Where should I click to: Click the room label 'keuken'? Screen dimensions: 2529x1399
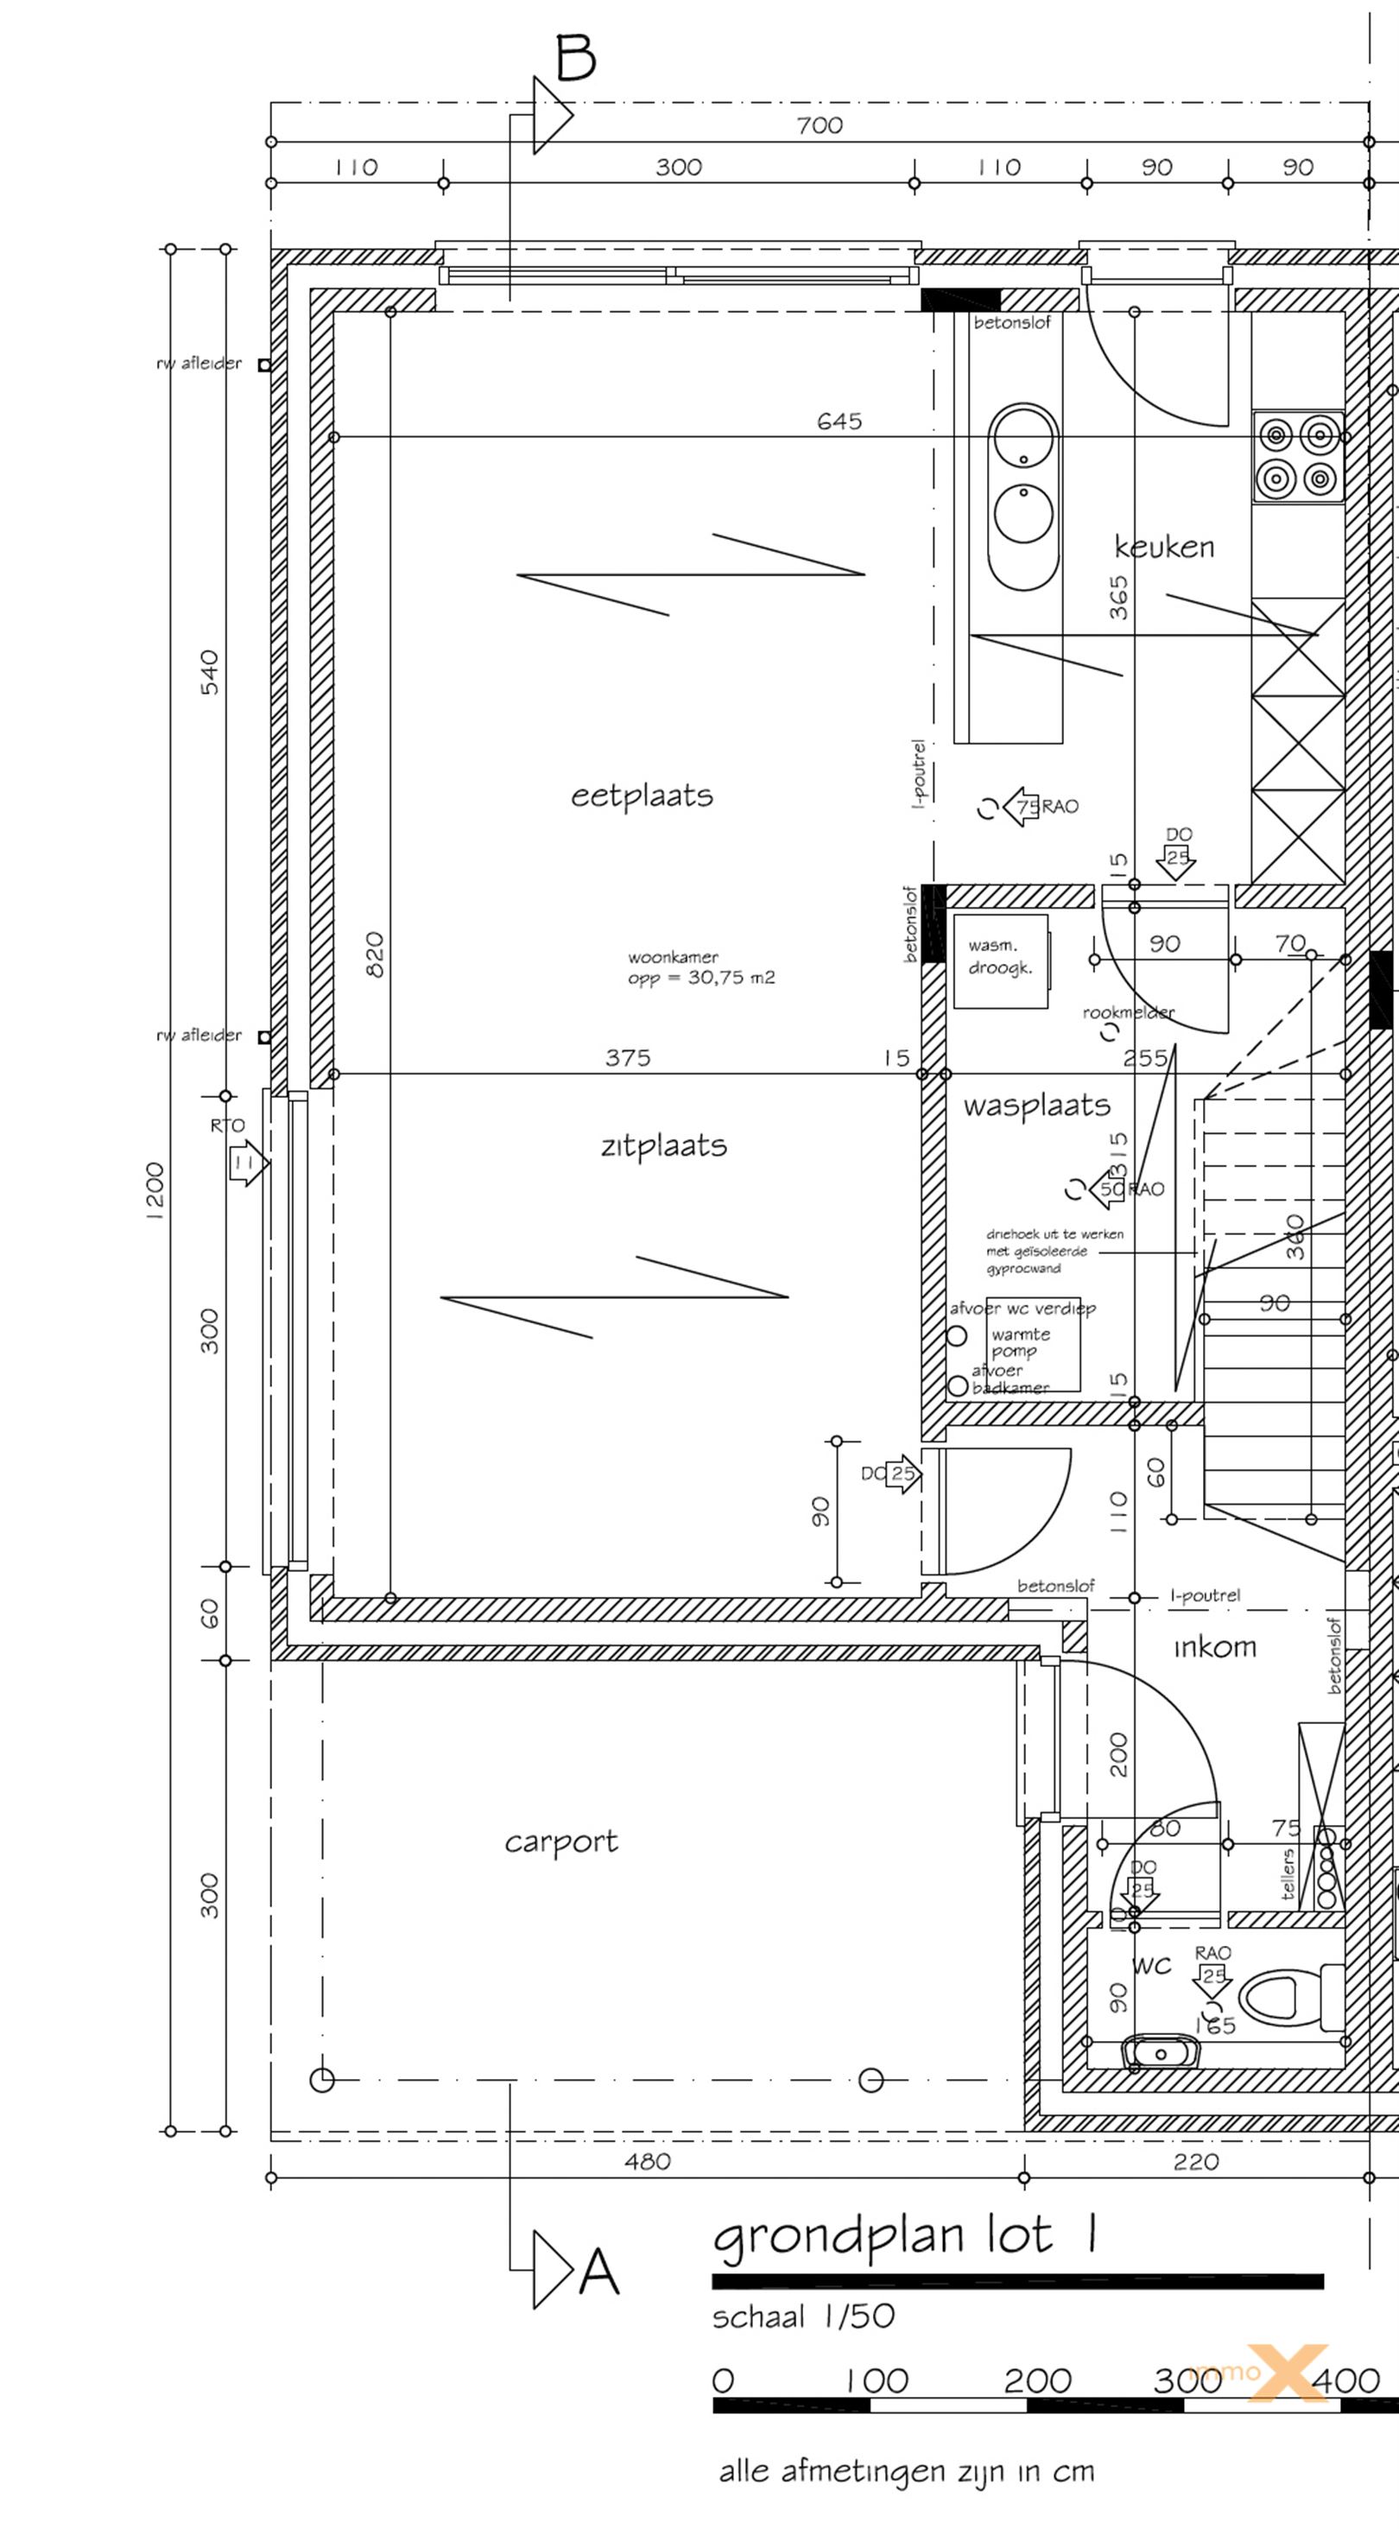point(1163,546)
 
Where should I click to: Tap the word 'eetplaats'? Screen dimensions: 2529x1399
point(642,795)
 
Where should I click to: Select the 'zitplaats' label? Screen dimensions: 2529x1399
point(664,1145)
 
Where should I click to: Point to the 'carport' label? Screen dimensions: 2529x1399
point(560,1841)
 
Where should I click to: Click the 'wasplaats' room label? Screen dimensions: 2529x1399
point(1037,1106)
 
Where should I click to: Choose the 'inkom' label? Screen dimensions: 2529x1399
point(1214,1647)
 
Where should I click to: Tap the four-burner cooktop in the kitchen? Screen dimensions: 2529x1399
point(1297,457)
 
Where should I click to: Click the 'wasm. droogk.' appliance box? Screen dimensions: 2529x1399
point(999,960)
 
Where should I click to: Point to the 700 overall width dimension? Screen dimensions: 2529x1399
point(820,124)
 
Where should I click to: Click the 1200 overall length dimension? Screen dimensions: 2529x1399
point(154,1190)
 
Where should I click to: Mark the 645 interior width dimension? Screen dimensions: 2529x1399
point(839,421)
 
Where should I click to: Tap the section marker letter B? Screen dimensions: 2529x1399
point(576,58)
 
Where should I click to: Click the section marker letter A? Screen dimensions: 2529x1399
point(598,2271)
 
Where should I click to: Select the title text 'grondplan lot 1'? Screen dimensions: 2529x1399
point(903,2237)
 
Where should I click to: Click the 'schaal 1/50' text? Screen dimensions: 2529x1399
point(803,2317)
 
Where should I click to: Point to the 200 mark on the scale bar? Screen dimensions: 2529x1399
point(1037,2380)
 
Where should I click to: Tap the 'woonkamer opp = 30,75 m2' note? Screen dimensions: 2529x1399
point(701,967)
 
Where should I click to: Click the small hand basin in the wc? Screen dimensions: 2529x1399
point(1161,2052)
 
